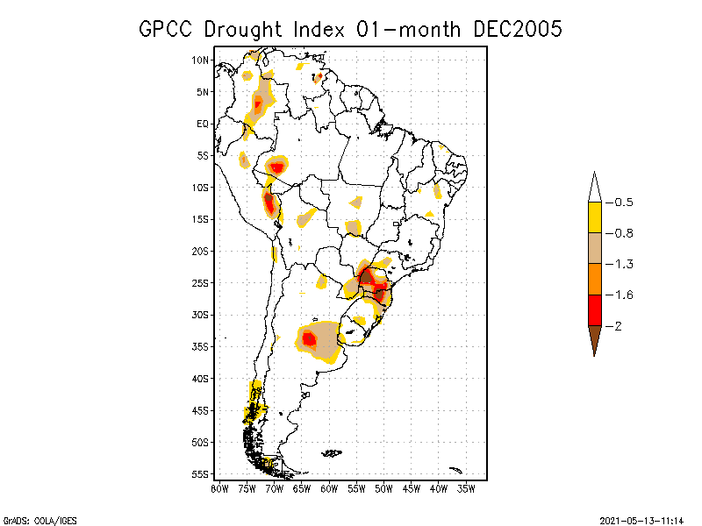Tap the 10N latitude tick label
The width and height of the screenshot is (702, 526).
click(201, 60)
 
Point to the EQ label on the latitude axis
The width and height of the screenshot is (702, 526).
click(203, 124)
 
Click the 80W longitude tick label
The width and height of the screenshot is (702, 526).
click(219, 488)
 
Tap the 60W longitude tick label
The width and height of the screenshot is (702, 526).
click(329, 488)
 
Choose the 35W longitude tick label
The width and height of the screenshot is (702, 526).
click(466, 488)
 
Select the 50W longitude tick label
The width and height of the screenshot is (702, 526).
click(383, 488)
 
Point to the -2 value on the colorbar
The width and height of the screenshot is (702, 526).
click(617, 326)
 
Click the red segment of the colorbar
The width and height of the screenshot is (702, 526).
click(595, 310)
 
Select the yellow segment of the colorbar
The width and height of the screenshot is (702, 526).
click(595, 217)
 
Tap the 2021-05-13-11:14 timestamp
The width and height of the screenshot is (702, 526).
click(641, 520)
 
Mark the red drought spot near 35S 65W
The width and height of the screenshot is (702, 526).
click(309, 338)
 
